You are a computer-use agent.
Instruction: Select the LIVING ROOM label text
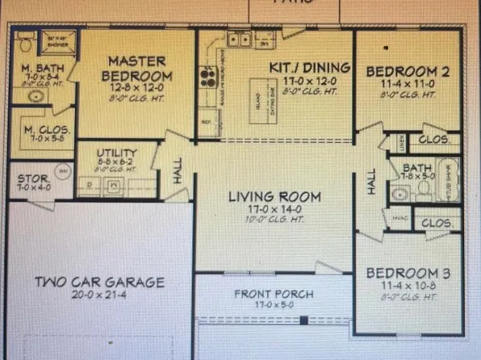(x=274, y=196)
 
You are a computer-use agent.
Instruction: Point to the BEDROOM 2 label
(x=408, y=72)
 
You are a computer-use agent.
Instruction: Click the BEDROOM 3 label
(x=408, y=273)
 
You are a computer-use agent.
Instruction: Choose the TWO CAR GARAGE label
(x=99, y=282)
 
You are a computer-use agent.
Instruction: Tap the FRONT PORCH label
(x=274, y=294)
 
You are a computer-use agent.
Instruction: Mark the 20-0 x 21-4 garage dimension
(x=99, y=295)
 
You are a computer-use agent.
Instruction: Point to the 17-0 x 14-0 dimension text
(x=274, y=209)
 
